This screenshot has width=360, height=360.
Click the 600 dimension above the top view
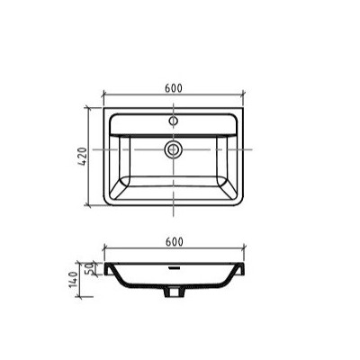pos(174,88)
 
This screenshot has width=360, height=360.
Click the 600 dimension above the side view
pos(174,242)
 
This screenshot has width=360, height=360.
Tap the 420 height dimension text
pos(83,157)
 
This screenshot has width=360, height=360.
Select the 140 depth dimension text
pos(74,280)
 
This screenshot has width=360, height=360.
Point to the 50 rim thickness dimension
pos(89,268)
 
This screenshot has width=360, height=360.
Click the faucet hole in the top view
pos(173,121)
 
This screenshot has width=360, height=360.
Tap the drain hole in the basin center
pos(173,149)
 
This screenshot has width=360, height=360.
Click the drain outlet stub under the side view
pos(173,292)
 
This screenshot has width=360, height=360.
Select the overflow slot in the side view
pos(174,267)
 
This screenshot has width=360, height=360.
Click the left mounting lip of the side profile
pos(108,269)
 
